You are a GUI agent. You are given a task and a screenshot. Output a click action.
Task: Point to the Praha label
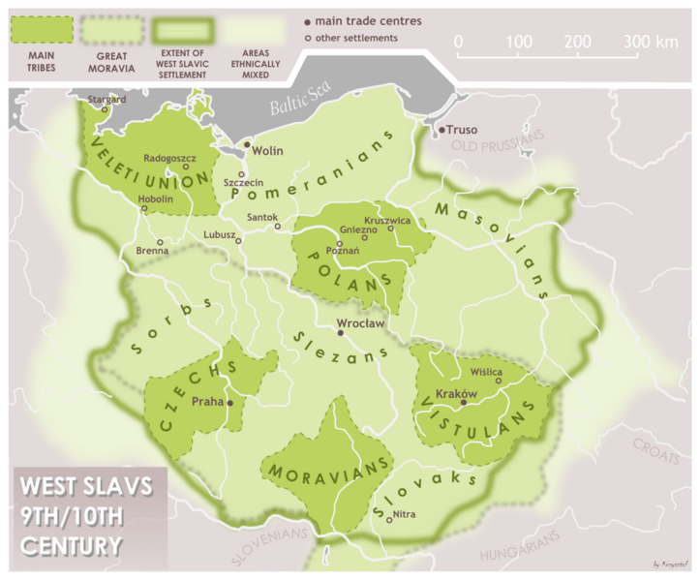click(207, 401)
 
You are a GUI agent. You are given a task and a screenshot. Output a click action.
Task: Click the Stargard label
click(107, 99)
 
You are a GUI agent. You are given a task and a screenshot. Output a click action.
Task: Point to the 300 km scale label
click(650, 42)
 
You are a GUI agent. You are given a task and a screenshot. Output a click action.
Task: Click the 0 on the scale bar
click(458, 42)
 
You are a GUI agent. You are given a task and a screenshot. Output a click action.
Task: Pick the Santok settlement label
click(261, 217)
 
